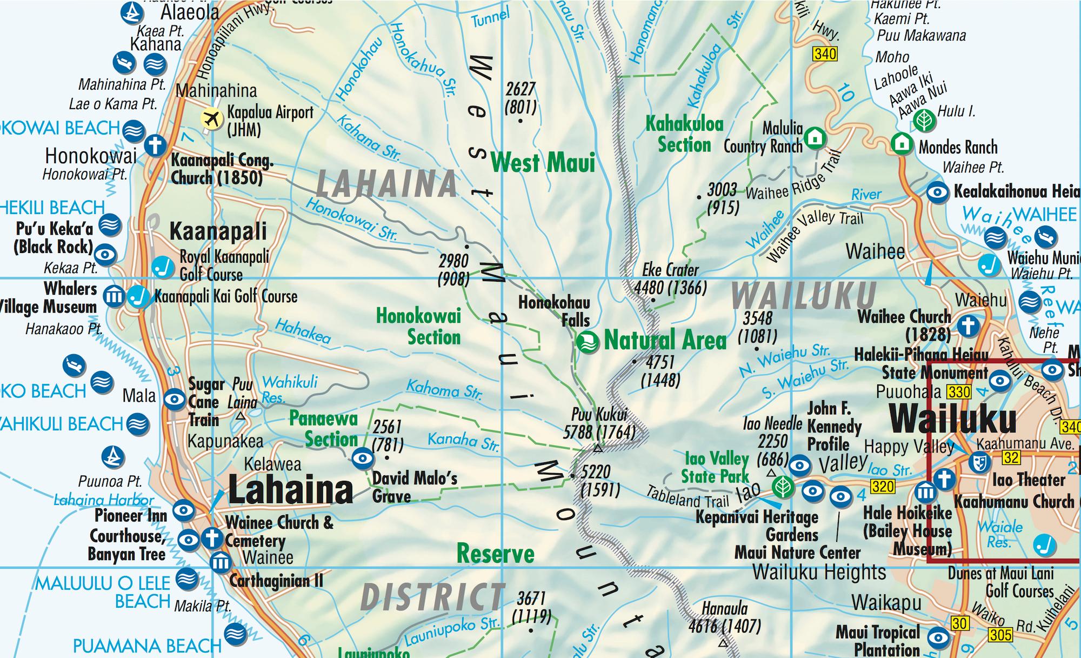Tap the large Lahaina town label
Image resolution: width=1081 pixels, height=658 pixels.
tap(290, 490)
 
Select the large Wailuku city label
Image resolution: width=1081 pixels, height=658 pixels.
tap(953, 419)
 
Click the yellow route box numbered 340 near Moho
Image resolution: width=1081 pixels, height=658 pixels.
tap(825, 54)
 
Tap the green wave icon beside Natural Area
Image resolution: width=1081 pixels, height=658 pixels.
tap(588, 342)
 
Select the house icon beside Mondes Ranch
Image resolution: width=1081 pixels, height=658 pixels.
tap(902, 143)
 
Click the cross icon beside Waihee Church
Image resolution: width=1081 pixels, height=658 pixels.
tap(968, 326)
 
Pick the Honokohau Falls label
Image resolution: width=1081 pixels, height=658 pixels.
tap(555, 311)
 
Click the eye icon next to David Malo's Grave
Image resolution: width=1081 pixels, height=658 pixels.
tap(362, 459)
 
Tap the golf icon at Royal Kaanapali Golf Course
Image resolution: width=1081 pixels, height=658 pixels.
tap(162, 266)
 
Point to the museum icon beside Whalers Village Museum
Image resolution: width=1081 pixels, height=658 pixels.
tap(114, 296)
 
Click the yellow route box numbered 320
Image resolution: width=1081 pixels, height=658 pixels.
tap(882, 486)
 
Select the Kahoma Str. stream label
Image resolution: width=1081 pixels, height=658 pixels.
tap(444, 389)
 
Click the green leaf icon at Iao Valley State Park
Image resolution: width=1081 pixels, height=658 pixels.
tap(780, 487)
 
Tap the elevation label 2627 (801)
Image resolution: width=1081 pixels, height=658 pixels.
tap(521, 98)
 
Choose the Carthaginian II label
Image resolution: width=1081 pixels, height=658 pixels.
tap(276, 581)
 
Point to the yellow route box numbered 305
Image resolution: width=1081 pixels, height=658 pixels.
tap(1000, 634)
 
